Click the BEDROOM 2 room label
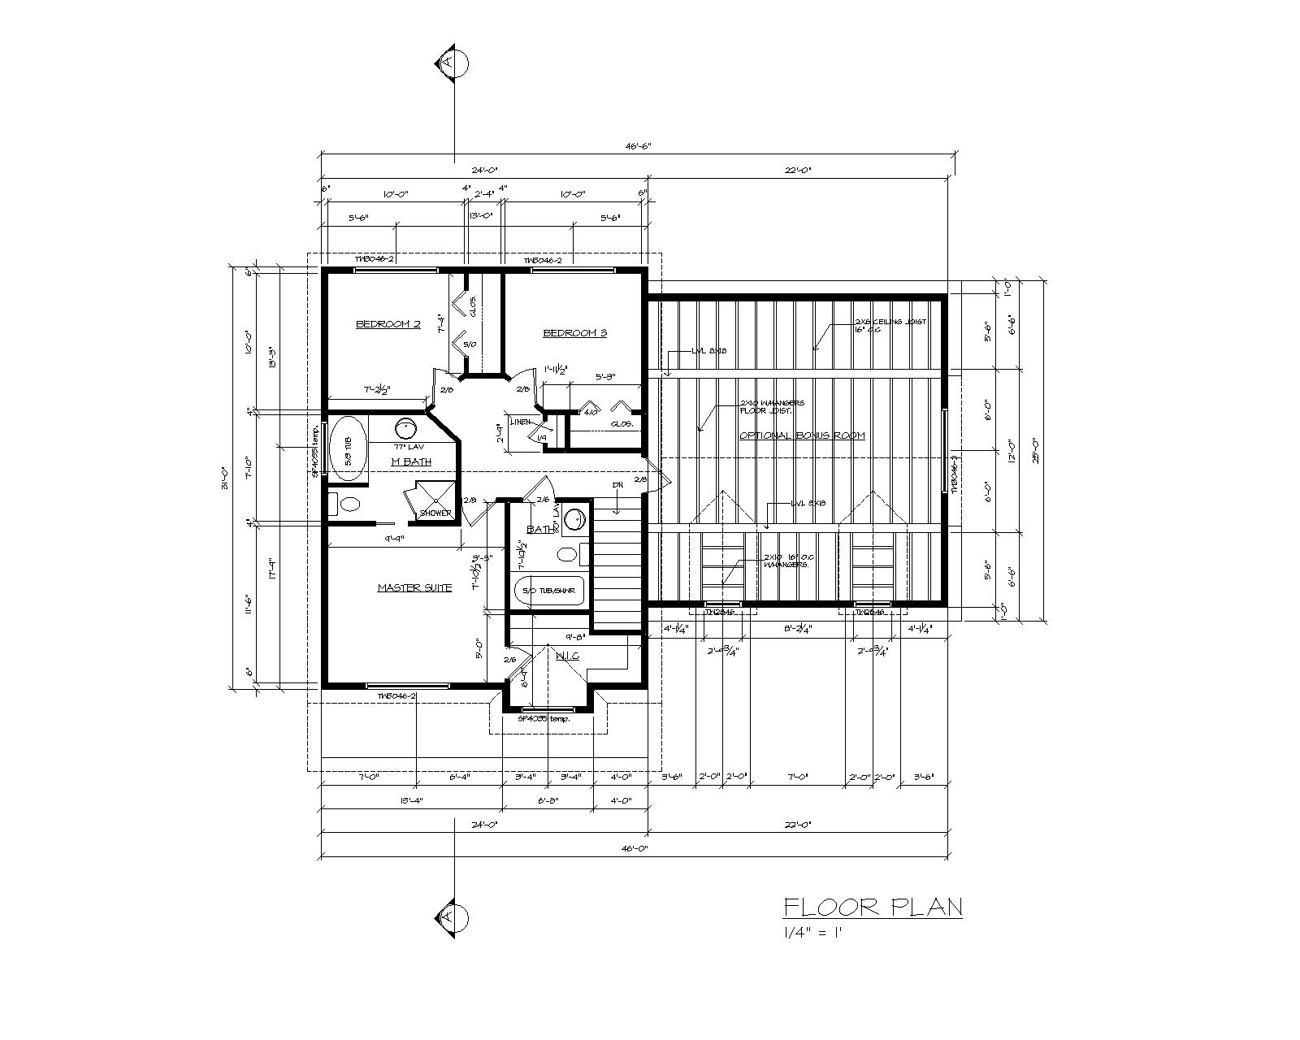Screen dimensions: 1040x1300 click(388, 324)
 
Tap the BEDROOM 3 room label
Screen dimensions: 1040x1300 click(574, 332)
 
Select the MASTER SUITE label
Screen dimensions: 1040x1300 click(414, 587)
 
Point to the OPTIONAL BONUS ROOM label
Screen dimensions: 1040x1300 click(802, 435)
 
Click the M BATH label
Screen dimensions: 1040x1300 click(410, 461)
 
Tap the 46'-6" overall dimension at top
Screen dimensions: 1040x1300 click(638, 146)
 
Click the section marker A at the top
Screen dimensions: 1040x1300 click(453, 63)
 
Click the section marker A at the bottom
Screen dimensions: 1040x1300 click(453, 916)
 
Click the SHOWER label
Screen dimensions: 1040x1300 click(435, 513)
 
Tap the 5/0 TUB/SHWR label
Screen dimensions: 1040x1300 click(548, 591)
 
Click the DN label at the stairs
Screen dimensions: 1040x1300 click(617, 485)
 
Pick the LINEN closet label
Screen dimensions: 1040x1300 click(521, 421)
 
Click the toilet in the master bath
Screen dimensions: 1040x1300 click(347, 504)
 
